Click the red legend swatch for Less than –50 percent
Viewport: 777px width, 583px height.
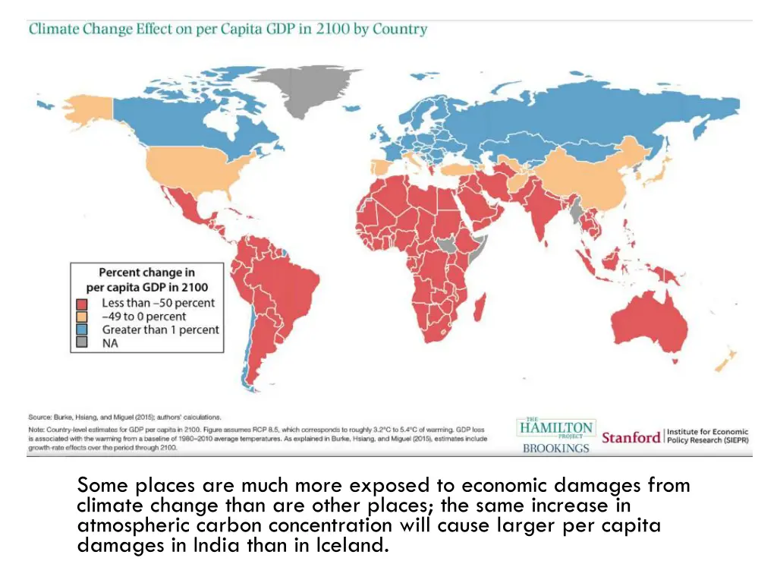pos(80,303)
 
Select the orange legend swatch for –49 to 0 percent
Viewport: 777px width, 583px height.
pos(80,317)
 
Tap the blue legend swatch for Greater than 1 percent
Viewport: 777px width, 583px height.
pos(80,329)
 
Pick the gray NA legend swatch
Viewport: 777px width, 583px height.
pos(80,343)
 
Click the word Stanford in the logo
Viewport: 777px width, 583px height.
pos(631,437)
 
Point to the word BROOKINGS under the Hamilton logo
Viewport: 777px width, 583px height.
pos(555,448)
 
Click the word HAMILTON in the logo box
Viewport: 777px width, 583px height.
pos(556,428)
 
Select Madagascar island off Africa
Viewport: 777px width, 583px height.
pos(480,307)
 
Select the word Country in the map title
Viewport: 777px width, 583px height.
pos(399,30)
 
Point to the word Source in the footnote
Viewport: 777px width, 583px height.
pos(39,417)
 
